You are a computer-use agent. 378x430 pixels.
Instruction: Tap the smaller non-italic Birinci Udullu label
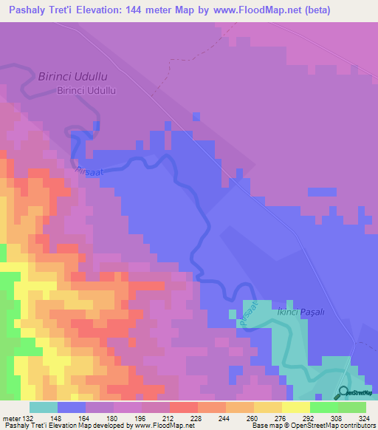click(x=87, y=91)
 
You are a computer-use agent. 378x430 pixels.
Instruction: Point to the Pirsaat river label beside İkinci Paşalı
click(x=249, y=310)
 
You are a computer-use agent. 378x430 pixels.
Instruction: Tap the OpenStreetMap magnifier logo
click(x=343, y=392)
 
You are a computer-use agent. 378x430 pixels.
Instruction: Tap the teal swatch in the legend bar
click(x=44, y=406)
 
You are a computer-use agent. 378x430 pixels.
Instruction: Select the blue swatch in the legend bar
click(x=72, y=406)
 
